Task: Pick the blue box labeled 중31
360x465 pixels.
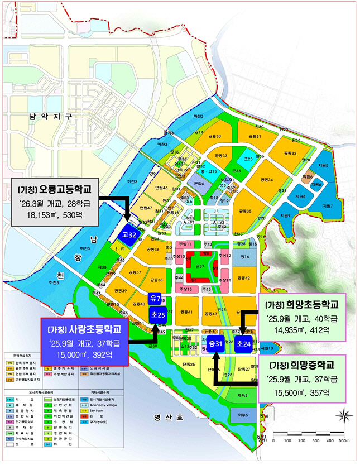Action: click(x=215, y=344)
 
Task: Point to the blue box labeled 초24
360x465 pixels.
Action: click(x=243, y=344)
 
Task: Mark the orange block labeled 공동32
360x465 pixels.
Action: click(x=290, y=153)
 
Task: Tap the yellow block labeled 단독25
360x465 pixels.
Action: click(x=189, y=364)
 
